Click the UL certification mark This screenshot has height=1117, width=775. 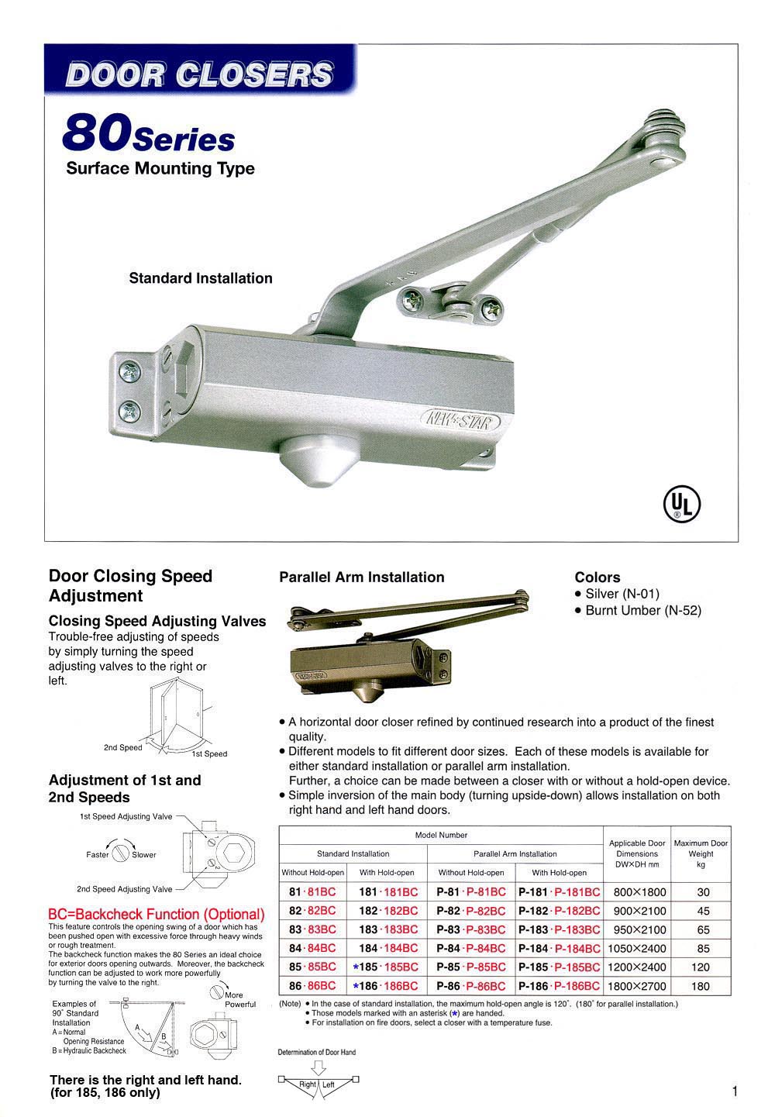tap(681, 505)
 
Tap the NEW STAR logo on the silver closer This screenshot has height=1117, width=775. tap(460, 421)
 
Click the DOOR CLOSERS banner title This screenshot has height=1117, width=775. tap(200, 74)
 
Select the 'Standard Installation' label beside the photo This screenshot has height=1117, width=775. tap(201, 278)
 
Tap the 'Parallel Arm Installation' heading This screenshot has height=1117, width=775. tap(362, 577)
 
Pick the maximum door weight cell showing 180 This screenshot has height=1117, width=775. tap(701, 986)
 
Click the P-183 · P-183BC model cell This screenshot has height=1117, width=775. tap(559, 929)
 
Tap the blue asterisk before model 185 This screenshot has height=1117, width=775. tap(355, 967)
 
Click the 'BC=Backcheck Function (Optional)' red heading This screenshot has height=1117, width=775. tap(156, 915)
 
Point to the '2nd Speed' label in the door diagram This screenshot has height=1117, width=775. tap(123, 748)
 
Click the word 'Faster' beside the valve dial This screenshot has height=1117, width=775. tap(98, 855)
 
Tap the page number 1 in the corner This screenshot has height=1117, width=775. tap(734, 1091)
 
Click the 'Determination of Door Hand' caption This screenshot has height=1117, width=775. tap(317, 1053)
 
